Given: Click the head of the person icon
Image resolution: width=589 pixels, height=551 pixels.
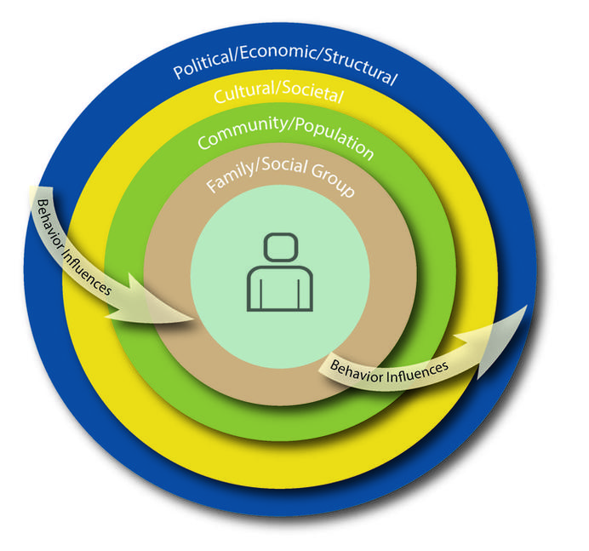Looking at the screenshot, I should point(279,250).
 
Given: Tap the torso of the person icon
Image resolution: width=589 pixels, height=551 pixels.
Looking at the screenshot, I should point(279,289).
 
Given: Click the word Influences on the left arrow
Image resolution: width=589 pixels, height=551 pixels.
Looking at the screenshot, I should point(89,270).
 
